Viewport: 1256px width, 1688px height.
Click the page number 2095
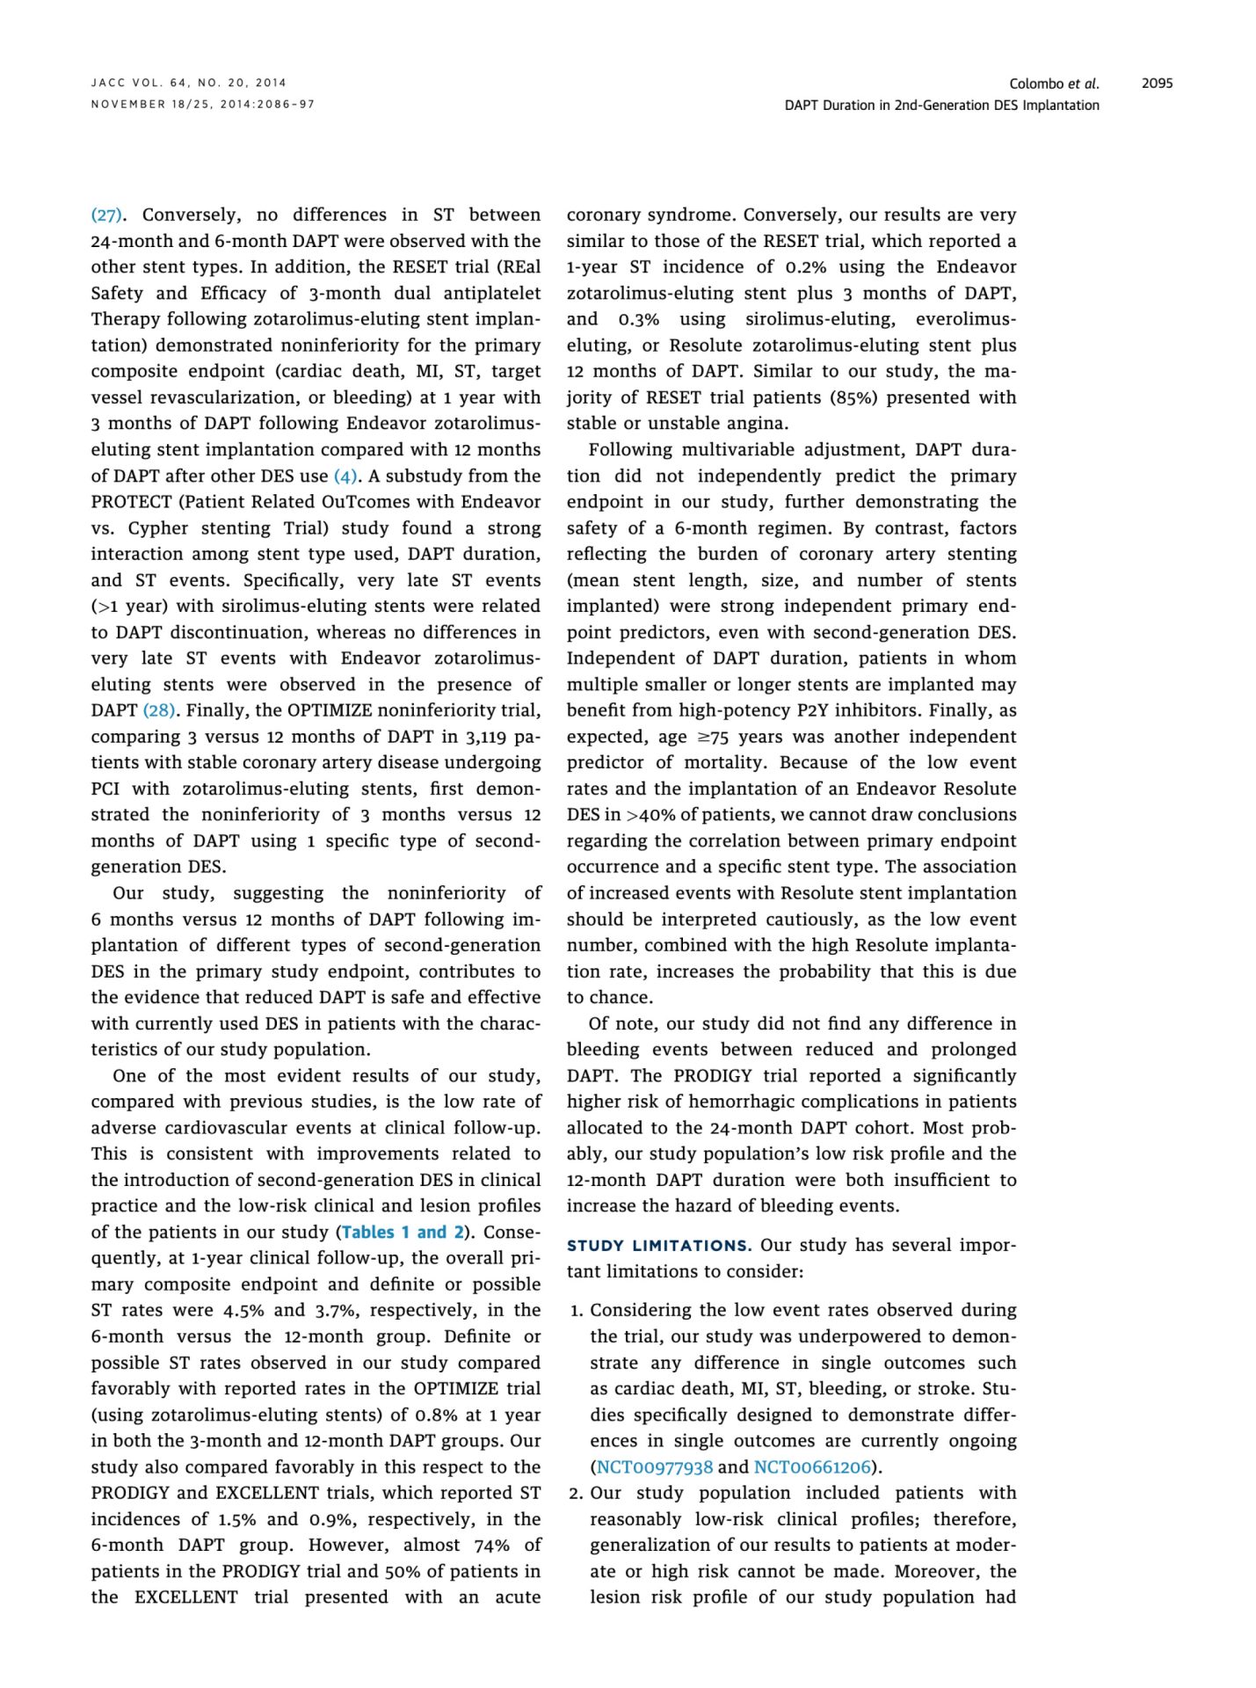(1157, 84)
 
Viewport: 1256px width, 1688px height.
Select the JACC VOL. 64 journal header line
(189, 83)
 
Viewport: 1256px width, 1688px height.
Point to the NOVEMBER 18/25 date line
(202, 105)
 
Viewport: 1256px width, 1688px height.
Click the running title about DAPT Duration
(941, 105)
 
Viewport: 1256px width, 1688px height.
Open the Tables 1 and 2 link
(403, 1233)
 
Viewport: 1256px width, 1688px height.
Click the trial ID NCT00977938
(655, 1467)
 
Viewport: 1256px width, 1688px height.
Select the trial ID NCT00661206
(812, 1467)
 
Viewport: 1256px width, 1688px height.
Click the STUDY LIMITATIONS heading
(658, 1246)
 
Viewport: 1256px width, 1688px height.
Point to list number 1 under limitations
(576, 1311)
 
